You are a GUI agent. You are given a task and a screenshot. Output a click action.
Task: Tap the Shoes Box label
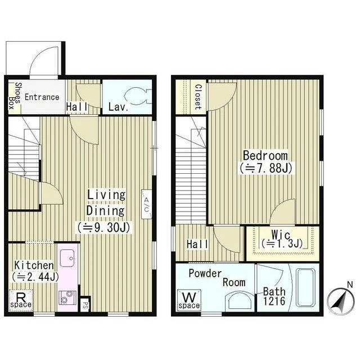tap(15, 96)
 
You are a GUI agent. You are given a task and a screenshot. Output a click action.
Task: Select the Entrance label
tap(42, 97)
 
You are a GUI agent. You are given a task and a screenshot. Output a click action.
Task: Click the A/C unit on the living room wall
tap(146, 204)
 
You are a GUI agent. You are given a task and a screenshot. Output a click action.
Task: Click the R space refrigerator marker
tap(21, 300)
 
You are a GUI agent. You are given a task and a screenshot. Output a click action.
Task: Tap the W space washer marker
tap(189, 300)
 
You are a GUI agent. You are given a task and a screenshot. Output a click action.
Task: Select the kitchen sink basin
tap(67, 258)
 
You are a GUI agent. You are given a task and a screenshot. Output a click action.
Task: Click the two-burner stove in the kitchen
tap(67, 298)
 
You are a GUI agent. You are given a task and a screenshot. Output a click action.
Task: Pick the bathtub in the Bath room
tap(305, 287)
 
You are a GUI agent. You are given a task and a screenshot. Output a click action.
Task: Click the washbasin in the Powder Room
tap(239, 300)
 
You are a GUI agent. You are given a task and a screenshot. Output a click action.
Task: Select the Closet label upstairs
tap(198, 97)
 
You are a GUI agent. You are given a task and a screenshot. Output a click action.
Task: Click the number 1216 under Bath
tap(274, 301)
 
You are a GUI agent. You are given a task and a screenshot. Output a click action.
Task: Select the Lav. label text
tap(118, 107)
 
